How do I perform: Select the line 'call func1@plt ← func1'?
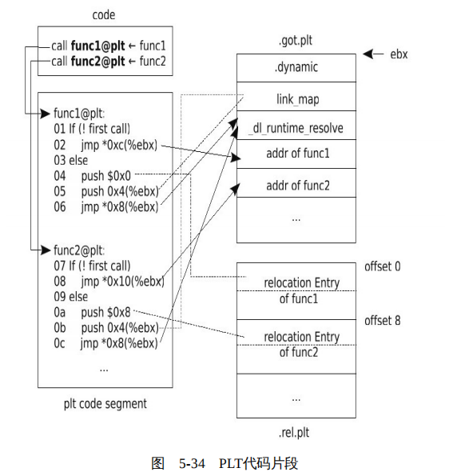(108, 46)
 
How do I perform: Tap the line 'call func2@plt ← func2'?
(108, 61)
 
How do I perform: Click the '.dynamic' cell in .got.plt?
(296, 67)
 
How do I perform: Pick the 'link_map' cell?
(296, 98)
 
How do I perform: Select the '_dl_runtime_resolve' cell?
(296, 128)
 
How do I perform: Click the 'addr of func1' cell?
(296, 154)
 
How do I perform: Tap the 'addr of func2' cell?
(296, 186)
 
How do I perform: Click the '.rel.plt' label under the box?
(294, 433)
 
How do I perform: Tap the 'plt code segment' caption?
(105, 404)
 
